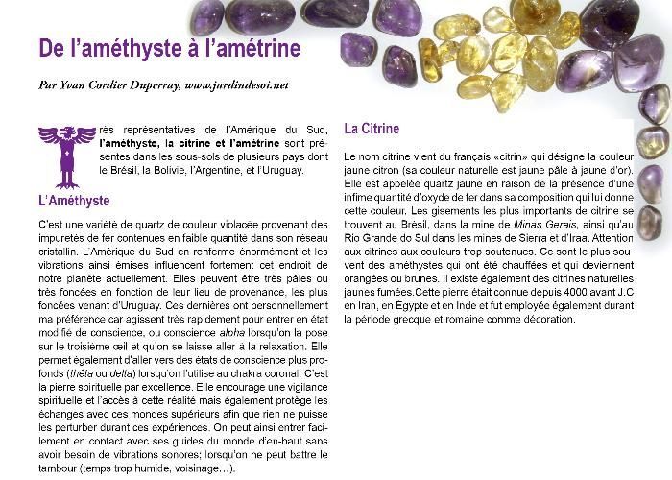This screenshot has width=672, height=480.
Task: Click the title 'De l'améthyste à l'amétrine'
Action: tap(169, 48)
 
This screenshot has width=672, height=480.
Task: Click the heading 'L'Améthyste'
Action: tap(73, 201)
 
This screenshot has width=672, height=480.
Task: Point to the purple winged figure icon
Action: tap(66, 154)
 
